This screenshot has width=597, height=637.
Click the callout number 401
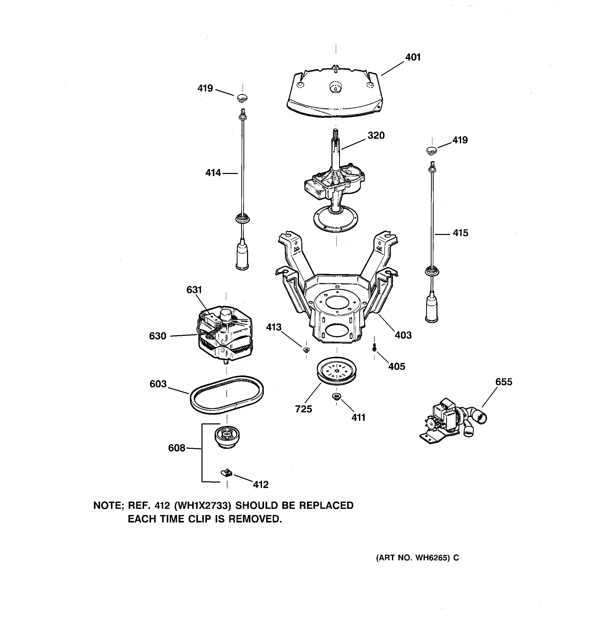coord(413,57)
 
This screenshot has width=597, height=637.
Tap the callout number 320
coord(376,136)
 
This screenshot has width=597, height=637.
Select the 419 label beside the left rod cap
coord(205,88)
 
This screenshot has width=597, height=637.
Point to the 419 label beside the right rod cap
coord(460,140)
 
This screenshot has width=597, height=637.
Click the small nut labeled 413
coord(306,349)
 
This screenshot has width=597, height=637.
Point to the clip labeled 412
coord(226,472)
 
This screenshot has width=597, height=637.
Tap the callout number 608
coord(176,448)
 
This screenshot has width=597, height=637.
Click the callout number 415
coord(460,233)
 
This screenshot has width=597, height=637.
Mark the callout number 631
coord(194,290)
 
